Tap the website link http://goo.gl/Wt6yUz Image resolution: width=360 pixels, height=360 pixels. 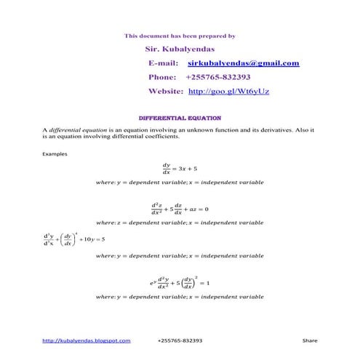229,92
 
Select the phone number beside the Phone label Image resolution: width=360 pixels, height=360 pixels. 218,77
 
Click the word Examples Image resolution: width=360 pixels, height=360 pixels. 55,154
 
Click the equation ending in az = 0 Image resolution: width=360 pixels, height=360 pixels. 180,208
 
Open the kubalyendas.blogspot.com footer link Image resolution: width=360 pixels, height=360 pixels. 87,340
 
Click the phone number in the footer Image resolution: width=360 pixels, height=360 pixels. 180,340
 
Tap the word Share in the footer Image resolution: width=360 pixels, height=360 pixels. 310,340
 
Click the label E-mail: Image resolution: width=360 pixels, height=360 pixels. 163,63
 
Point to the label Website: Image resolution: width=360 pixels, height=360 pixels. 166,92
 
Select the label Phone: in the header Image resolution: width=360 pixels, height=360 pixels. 162,77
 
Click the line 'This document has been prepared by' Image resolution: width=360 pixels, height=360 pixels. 180,35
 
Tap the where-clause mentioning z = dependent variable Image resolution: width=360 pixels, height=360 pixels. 180,223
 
